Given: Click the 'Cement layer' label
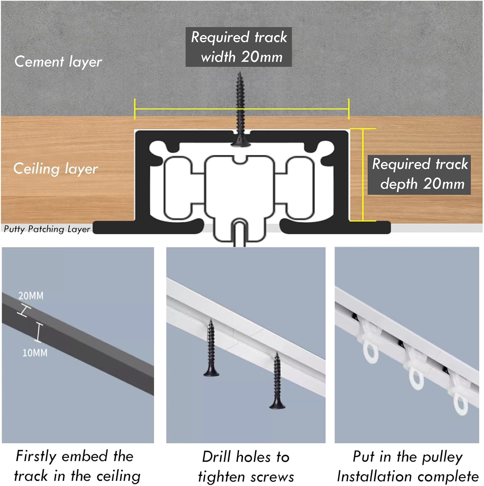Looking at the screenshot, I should point(58,62).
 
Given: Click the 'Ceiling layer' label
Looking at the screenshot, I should point(55,169).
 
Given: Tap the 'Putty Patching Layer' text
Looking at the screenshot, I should point(47,229).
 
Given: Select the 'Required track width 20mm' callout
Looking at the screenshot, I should point(239,47).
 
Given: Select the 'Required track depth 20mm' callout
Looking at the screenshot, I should point(419,175).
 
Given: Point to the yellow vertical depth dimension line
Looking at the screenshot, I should point(363,175).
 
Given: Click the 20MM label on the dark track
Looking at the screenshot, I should point(31,296).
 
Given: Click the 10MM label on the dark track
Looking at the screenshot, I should point(35,353).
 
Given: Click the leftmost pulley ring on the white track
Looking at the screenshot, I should point(371,353).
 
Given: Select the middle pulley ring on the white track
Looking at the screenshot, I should point(416,379).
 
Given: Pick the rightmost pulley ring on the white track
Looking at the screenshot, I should point(460,405).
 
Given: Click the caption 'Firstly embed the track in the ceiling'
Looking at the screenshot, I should point(77,466).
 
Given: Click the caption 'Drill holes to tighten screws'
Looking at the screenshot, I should point(246,467).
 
